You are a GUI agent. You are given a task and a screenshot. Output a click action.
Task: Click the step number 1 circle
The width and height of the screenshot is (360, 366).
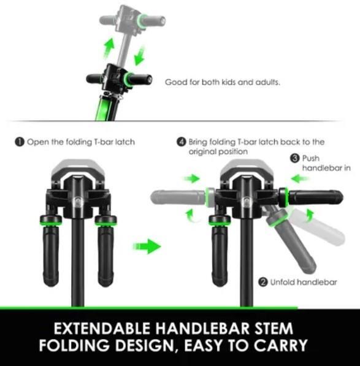tap(20, 142)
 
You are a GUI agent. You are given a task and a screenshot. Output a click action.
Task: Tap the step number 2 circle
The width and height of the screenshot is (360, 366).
tap(263, 282)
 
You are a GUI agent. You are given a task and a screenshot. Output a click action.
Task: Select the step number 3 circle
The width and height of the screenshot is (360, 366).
tap(295, 158)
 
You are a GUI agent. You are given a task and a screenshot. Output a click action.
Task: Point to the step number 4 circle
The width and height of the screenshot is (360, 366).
tap(182, 142)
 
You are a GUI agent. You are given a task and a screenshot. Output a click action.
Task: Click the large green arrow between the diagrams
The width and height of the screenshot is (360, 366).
tap(147, 246)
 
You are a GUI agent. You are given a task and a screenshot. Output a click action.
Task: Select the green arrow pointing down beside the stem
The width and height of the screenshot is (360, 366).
tap(140, 56)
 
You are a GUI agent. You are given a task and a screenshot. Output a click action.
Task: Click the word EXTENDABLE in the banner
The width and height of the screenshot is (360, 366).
tap(102, 328)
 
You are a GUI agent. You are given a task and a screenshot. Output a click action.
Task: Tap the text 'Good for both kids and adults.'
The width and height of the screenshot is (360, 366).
tap(223, 82)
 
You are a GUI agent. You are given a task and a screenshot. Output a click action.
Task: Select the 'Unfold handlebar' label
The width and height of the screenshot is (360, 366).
tap(304, 282)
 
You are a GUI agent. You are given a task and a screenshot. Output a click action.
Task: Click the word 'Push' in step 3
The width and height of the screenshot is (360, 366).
tap(311, 158)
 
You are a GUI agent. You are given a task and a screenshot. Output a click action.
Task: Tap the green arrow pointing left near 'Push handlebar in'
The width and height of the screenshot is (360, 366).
tap(301, 179)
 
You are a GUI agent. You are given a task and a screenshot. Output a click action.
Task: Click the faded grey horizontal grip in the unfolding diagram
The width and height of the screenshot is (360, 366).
tap(177, 198)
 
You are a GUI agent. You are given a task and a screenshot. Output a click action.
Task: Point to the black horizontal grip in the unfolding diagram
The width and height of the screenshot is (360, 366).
tap(316, 198)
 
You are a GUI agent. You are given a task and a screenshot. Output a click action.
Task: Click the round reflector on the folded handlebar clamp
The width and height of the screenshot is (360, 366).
tap(77, 202)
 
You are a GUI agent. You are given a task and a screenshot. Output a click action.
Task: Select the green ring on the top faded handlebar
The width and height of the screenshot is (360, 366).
tap(142, 21)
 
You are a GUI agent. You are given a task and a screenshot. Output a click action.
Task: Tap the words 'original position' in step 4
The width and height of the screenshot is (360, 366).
tap(218, 151)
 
